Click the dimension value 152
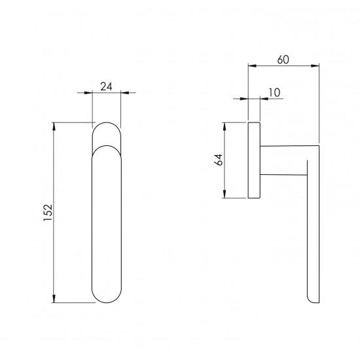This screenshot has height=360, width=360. coord(48,213)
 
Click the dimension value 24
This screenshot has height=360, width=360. coord(106,86)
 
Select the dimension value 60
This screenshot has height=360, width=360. coord(283,60)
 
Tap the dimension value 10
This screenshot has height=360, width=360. coord(274,92)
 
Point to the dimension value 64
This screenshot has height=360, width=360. coord(219,160)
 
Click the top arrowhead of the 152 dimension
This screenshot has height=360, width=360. coord(54,126)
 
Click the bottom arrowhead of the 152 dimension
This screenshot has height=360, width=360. coord(54,298)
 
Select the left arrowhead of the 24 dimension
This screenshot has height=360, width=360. coord(88,93)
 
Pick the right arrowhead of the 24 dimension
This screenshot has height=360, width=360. coord(124,93)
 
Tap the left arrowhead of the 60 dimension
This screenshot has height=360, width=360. coord(252,66)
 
